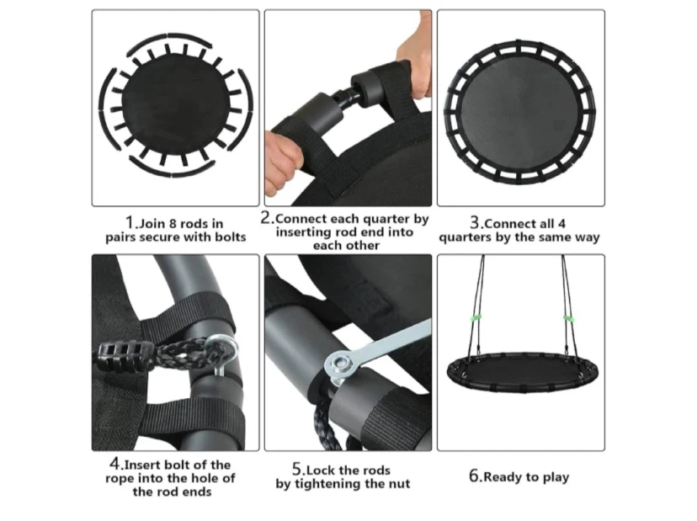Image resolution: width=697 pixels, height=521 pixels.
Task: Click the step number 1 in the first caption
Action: tap(130, 222)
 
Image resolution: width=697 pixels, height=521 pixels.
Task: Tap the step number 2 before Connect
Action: tap(266, 218)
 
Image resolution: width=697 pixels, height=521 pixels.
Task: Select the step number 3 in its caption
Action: tap(475, 223)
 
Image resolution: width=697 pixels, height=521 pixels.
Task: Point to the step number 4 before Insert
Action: tap(114, 464)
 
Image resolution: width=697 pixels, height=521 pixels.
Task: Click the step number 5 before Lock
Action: tap(297, 469)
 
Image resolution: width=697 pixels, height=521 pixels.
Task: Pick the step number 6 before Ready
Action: tap(474, 476)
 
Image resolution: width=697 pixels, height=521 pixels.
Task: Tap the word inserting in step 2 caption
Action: tap(303, 232)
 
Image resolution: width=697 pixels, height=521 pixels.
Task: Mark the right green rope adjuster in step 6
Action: tap(568, 319)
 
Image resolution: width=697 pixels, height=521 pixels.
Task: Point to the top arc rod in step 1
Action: tap(169, 42)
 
